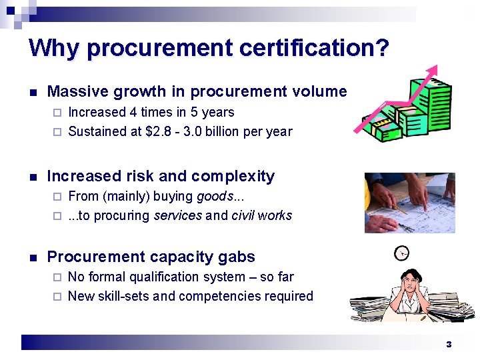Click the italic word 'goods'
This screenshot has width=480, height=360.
(215, 196)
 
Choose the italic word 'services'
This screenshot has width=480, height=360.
(178, 215)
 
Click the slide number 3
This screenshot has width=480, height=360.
(449, 344)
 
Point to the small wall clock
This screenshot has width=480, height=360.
(402, 253)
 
